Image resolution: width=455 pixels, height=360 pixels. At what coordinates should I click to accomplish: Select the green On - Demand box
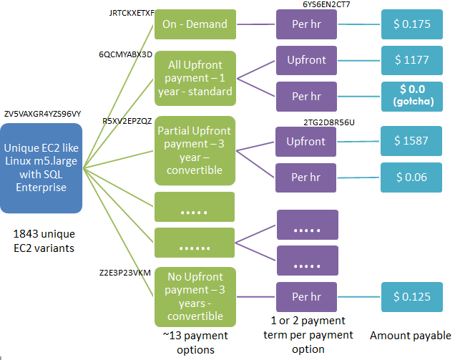(x=195, y=24)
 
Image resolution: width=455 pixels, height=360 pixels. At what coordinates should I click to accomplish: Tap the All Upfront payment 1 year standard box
(x=195, y=78)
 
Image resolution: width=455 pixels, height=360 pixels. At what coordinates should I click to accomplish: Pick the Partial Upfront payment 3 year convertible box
(x=195, y=150)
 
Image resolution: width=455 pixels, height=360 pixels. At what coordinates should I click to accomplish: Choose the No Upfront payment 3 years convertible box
(x=195, y=297)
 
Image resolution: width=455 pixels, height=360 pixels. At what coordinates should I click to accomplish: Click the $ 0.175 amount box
(x=411, y=24)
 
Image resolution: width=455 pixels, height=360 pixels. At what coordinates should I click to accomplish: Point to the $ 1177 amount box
(x=411, y=59)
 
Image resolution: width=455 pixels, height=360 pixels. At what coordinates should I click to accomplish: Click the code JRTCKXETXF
(x=127, y=12)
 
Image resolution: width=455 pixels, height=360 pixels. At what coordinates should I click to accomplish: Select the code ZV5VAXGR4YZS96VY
(x=42, y=114)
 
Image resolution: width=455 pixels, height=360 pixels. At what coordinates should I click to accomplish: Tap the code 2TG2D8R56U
(x=329, y=122)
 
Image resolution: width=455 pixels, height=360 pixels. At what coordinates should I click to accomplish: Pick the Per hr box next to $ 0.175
(x=306, y=24)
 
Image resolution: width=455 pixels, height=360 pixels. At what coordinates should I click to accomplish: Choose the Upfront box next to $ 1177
(x=306, y=59)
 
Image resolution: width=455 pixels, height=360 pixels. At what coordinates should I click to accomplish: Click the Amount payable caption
(x=411, y=336)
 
